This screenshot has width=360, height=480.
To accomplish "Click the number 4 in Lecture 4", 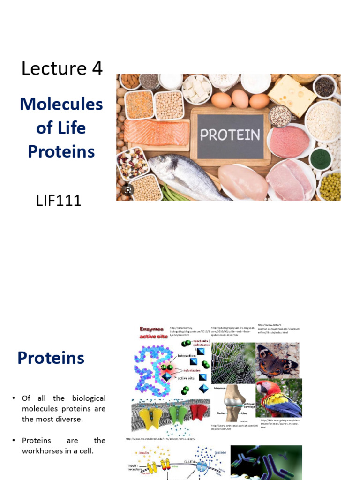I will (97, 68).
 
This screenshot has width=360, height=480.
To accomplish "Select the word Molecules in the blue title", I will (61, 104).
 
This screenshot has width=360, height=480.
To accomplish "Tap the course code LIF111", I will (59, 201).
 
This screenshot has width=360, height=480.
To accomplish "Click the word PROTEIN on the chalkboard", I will (230, 135).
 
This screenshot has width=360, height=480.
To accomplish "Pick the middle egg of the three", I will (240, 99).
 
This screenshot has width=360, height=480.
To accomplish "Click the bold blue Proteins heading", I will (51, 358).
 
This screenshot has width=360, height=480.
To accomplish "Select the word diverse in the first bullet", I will (70, 419).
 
